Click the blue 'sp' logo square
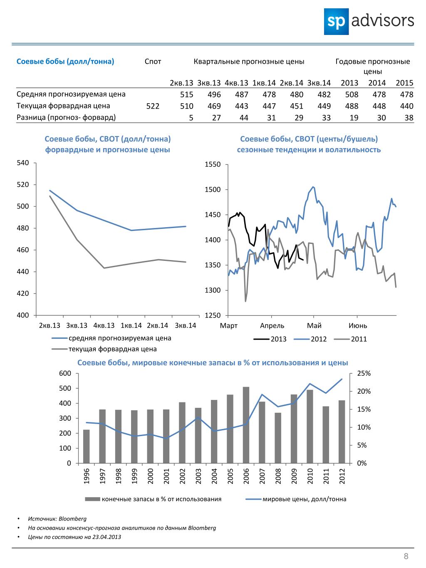click(336, 22)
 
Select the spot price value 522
click(153, 106)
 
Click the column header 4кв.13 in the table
click(236, 83)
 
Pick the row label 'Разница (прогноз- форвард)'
click(66, 117)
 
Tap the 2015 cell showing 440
click(406, 106)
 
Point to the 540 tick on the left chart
click(23, 163)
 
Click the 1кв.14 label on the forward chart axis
click(131, 325)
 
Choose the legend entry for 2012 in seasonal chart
click(310, 339)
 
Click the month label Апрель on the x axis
click(272, 326)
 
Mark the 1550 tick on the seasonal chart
click(213, 165)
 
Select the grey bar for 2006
click(246, 425)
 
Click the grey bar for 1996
click(87, 446)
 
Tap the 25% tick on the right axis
click(364, 373)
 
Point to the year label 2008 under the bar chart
click(278, 476)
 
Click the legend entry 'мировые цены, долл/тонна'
click(296, 504)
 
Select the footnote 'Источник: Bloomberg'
click(57, 519)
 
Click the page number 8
click(406, 556)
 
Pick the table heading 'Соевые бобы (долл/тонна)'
click(65, 62)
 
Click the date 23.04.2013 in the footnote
click(106, 537)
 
